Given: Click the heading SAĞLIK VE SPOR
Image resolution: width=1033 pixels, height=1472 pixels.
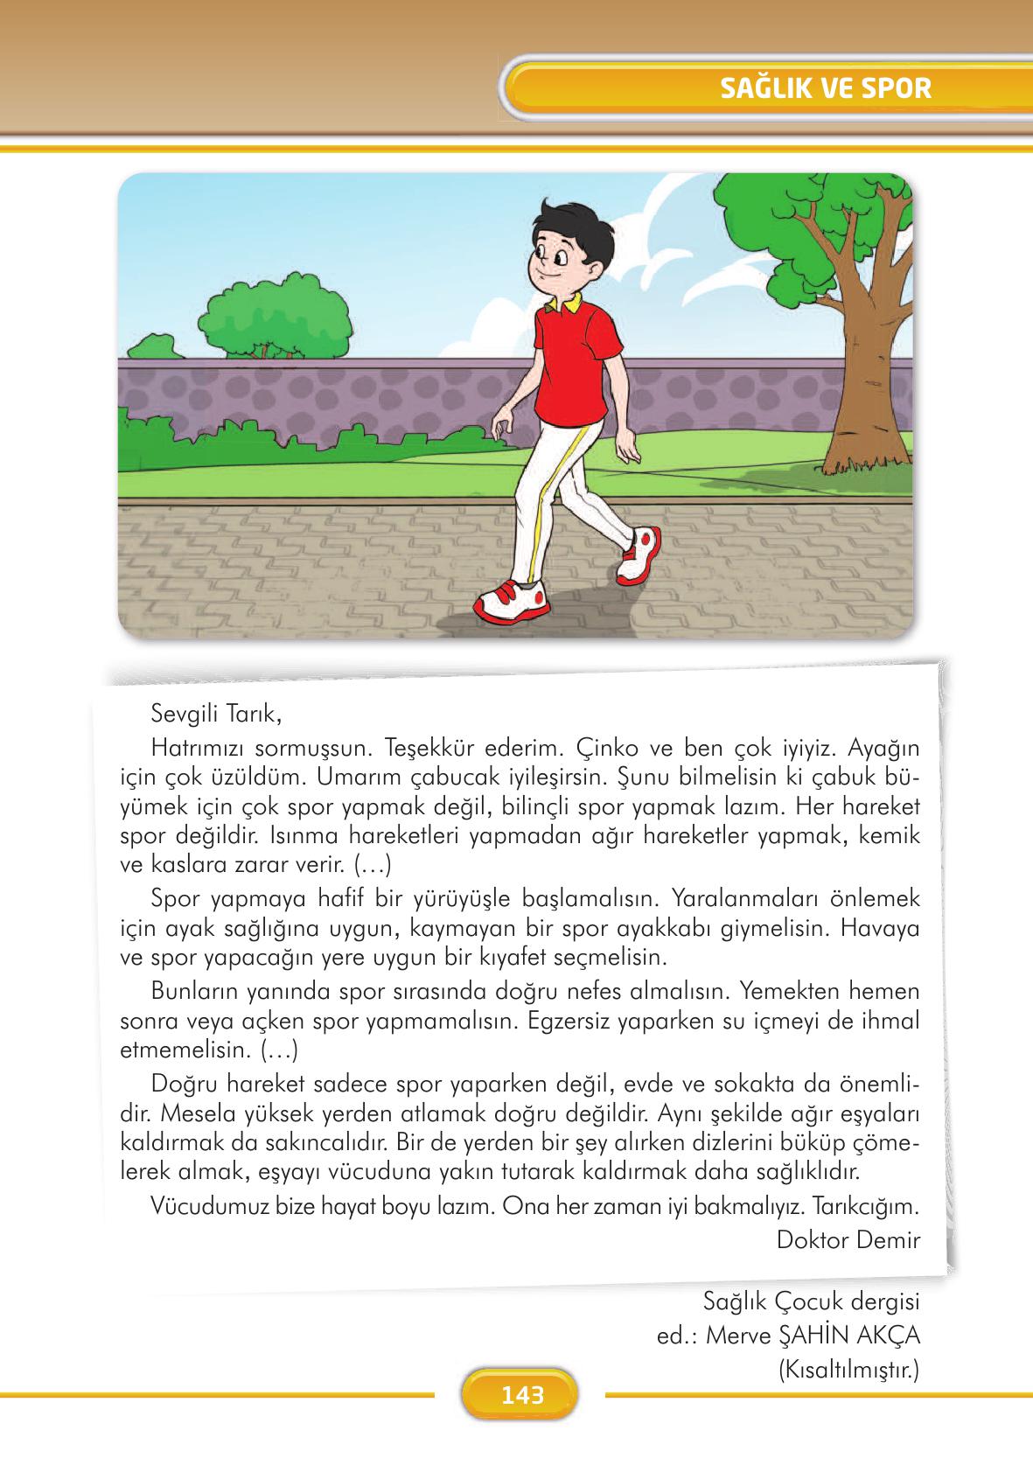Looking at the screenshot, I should pyautogui.click(x=825, y=88).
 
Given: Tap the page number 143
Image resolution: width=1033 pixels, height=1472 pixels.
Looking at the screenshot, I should pyautogui.click(x=522, y=1394).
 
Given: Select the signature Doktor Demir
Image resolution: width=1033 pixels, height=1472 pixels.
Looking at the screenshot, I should pyautogui.click(x=848, y=1239).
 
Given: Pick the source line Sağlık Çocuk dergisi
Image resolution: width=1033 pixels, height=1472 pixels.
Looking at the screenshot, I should pyautogui.click(x=811, y=1301).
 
